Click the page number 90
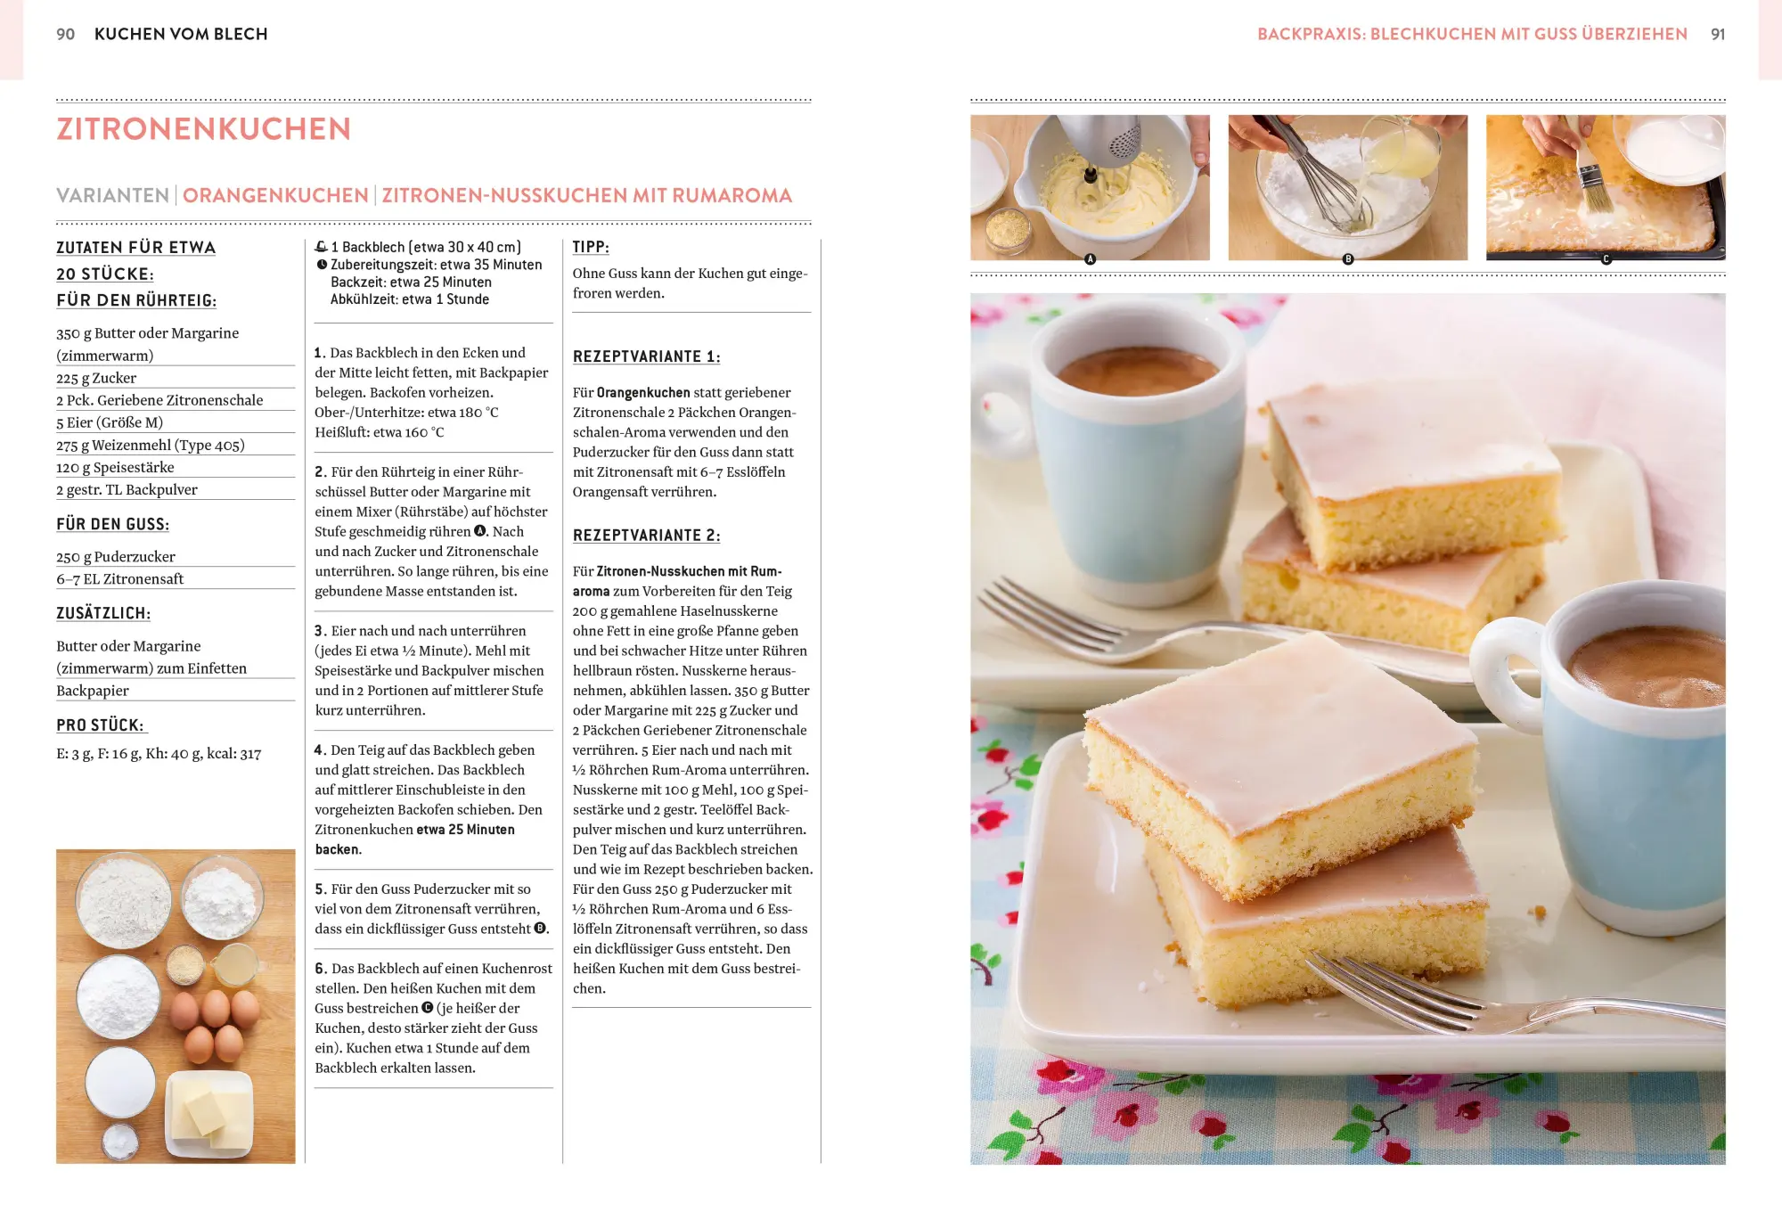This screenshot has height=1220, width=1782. [65, 34]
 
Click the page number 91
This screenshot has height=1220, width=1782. [1718, 34]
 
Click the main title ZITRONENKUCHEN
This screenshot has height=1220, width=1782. [203, 128]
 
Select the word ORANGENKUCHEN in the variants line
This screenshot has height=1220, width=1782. [275, 195]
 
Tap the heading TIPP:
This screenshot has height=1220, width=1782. [591, 247]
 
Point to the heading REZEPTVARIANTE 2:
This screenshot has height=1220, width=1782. [646, 535]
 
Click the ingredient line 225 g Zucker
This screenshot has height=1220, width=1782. [96, 378]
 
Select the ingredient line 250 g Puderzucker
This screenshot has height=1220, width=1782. [116, 557]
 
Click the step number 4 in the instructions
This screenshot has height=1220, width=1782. [319, 749]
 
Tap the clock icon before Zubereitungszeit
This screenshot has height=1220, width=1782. [321, 265]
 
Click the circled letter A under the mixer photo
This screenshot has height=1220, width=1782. [1090, 259]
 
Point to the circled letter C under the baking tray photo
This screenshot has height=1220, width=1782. [1606, 259]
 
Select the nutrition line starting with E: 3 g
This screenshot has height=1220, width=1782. [159, 754]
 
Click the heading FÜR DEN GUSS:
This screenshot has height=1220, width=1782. [112, 524]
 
